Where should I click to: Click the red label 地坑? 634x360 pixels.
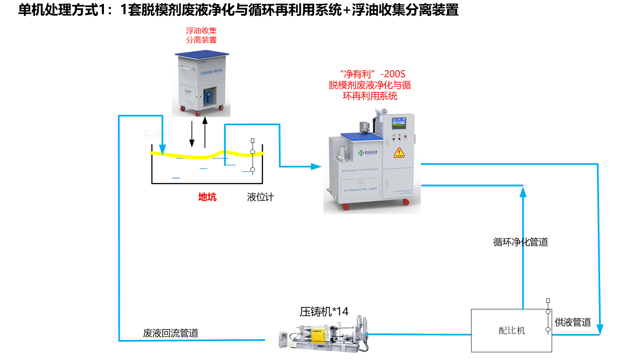coord(207,197)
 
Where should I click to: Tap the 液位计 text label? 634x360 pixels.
coord(260,197)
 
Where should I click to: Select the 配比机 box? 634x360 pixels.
coord(511,330)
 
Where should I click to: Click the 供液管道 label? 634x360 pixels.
coord(573,322)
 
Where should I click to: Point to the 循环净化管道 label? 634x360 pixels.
coord(520,242)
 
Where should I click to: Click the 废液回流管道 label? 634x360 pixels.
coord(171,333)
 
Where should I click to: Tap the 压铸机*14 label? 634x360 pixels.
coord(324,312)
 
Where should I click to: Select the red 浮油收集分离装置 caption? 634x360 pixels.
coord(201,35)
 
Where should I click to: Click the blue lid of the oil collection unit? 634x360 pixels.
coord(202,54)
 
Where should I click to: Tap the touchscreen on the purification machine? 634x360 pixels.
coord(399,123)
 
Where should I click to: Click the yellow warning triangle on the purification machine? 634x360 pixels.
coord(399,153)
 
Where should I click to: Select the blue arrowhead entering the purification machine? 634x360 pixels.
coord(316,167)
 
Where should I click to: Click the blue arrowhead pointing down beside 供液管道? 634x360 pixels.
coord(600,329)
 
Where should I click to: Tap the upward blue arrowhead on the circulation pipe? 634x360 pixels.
coord(523,192)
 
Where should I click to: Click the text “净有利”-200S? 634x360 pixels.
coord(372,74)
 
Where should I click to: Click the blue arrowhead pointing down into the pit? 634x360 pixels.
coord(162,149)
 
